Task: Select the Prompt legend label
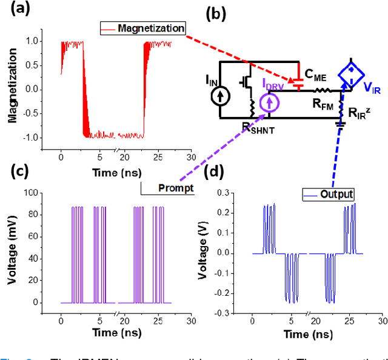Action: tap(175, 188)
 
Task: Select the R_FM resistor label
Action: tap(306, 104)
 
